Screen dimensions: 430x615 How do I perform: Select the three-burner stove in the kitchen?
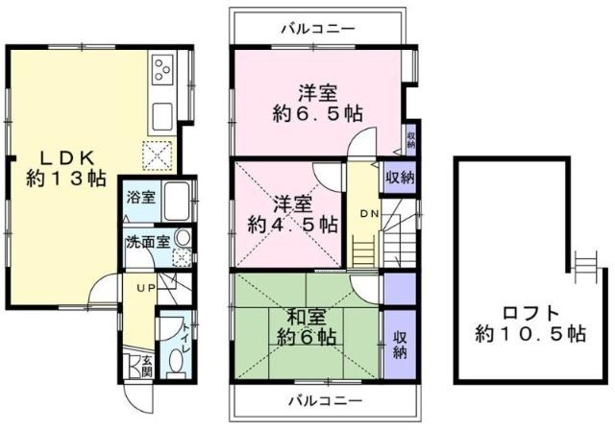pyautogui.click(x=161, y=69)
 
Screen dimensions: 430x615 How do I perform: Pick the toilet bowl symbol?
pyautogui.click(x=174, y=359)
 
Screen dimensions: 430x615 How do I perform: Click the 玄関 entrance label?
pyautogui.click(x=147, y=366)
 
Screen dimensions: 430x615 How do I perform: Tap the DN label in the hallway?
pyautogui.click(x=369, y=212)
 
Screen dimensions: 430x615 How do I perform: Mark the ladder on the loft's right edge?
pyautogui.click(x=584, y=262)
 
